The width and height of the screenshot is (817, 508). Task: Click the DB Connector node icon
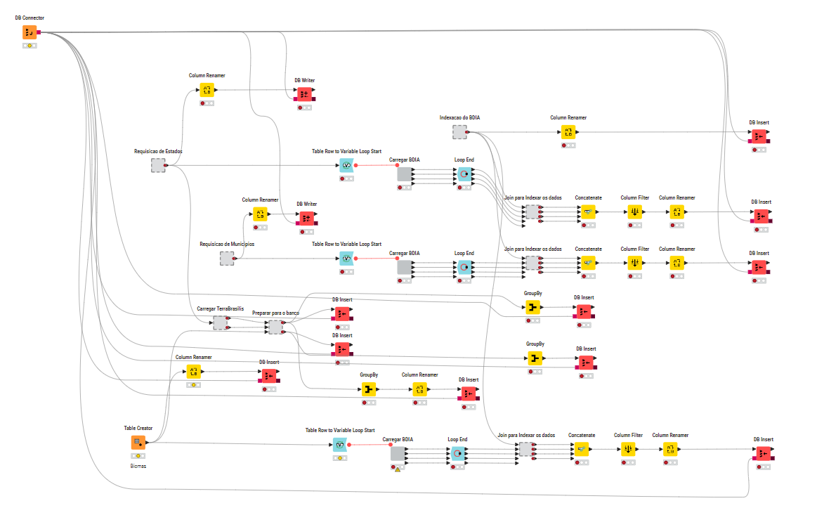[30, 32]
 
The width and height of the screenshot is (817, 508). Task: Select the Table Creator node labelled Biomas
[138, 443]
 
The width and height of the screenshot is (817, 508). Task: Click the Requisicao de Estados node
[158, 165]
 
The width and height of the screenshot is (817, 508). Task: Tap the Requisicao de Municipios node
[227, 259]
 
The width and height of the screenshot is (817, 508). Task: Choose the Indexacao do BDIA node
[459, 131]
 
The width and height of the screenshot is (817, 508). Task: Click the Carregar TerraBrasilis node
[220, 323]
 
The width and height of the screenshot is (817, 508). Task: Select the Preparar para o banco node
[275, 327]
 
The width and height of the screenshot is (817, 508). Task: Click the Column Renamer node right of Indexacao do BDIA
[568, 131]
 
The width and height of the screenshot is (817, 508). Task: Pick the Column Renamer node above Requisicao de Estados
[207, 89]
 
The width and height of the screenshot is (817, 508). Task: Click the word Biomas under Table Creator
[138, 465]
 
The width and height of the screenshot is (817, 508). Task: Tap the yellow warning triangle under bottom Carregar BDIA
[398, 469]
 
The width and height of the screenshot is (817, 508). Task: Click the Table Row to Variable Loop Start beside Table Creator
[340, 445]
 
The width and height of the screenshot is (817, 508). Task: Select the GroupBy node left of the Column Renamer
[370, 389]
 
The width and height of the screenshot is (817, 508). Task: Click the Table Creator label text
[138, 427]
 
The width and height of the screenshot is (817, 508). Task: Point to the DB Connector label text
[30, 17]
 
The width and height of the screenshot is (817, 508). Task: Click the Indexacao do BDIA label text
[459, 117]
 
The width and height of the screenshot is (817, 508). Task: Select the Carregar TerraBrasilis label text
[220, 308]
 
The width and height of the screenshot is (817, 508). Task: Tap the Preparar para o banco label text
[275, 312]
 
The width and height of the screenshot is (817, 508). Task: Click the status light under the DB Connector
[30, 46]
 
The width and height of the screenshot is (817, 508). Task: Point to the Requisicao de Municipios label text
[227, 244]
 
